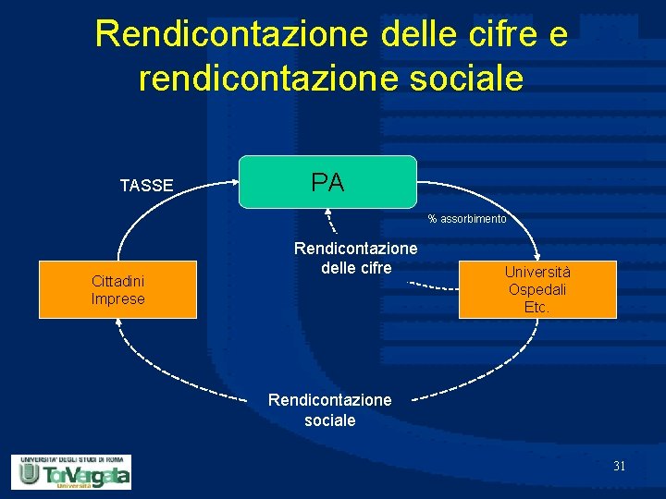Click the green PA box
(x=327, y=182)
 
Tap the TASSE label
(x=146, y=186)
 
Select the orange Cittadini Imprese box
(x=117, y=289)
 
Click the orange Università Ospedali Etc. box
(x=536, y=289)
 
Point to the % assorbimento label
(x=467, y=219)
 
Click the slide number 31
(x=619, y=466)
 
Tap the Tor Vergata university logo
(x=71, y=471)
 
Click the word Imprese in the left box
(x=117, y=298)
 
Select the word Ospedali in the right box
(x=536, y=289)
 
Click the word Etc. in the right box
(x=536, y=306)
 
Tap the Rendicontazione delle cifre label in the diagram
(x=356, y=258)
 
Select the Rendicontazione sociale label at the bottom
(x=329, y=409)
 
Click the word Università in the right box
(x=536, y=273)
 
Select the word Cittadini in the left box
(x=117, y=281)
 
